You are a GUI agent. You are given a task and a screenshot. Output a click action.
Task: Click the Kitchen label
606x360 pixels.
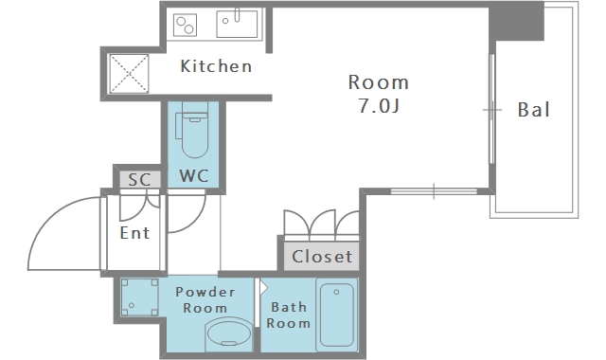click(x=216, y=66)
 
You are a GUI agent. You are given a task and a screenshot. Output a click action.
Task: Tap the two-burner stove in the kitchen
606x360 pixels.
click(x=185, y=25)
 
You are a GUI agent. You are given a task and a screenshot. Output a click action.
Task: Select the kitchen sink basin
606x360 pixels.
click(x=237, y=24)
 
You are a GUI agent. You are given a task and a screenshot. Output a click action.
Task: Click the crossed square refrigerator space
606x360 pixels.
click(x=129, y=74)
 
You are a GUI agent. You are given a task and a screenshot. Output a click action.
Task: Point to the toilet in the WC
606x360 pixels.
click(x=194, y=130)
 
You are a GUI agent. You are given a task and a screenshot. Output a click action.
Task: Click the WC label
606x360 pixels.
click(x=193, y=176)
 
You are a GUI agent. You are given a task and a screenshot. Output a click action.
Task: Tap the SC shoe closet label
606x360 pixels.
click(x=139, y=179)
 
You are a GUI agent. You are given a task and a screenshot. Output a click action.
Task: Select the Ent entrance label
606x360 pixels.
click(x=134, y=233)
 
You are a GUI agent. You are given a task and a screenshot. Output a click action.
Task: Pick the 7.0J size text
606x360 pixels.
click(x=379, y=105)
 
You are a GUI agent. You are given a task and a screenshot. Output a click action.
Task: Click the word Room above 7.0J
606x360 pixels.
click(x=379, y=82)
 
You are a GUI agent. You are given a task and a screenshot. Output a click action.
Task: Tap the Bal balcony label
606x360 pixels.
click(x=533, y=110)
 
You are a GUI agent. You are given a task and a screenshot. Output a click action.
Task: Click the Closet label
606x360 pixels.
click(x=322, y=257)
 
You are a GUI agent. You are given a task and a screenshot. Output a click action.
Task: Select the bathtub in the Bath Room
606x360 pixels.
click(x=337, y=315)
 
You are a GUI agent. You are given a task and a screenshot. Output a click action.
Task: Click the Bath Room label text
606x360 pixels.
click(x=288, y=315)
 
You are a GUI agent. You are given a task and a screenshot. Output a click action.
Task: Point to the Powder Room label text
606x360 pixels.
click(x=205, y=299)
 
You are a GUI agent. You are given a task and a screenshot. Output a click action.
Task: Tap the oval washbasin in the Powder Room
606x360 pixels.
click(x=229, y=333)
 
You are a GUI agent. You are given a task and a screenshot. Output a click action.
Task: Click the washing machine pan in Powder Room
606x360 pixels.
click(x=139, y=297)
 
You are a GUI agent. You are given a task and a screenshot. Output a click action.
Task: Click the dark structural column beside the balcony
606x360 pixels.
click(x=516, y=21)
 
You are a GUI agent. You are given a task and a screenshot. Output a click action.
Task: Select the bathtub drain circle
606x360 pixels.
click(x=336, y=292)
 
